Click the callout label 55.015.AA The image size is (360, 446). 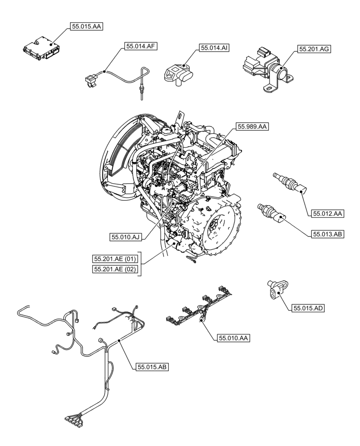[x=86, y=27]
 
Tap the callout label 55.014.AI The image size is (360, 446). [x=214, y=47]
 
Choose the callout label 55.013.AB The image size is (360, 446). [x=327, y=233]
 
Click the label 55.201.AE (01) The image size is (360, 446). [x=115, y=259]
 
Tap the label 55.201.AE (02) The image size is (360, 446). [x=115, y=269]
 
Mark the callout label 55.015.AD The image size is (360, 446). [x=307, y=308]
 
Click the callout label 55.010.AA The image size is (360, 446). [x=233, y=339]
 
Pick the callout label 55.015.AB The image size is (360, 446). [x=151, y=367]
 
